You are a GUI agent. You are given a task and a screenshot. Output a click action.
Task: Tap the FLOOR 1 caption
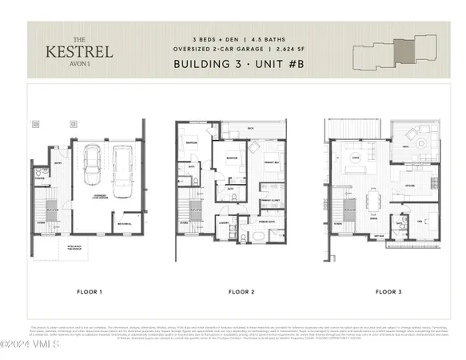[89, 292]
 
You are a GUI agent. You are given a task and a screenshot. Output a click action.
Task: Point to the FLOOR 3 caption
[388, 292]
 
